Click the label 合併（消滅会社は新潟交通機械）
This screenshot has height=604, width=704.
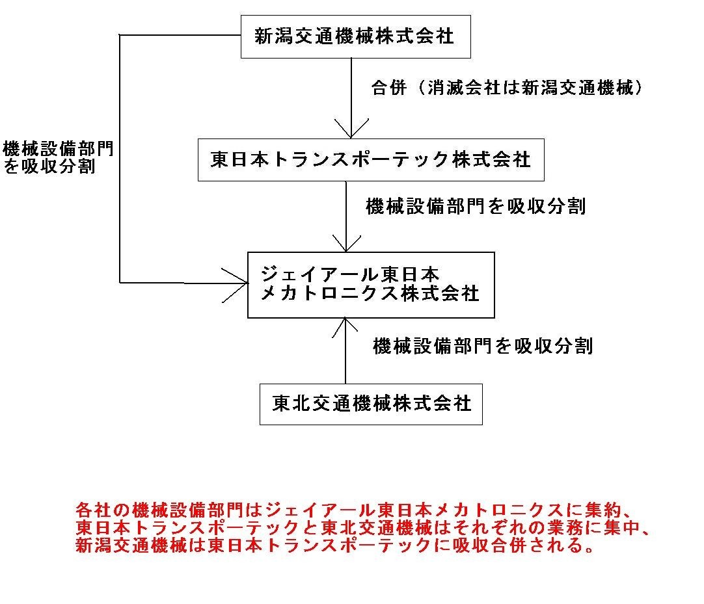pyautogui.click(x=506, y=88)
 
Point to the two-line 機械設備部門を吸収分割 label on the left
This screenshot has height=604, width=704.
pyautogui.click(x=58, y=157)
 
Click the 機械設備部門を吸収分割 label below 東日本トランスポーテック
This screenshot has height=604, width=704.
pyautogui.click(x=476, y=206)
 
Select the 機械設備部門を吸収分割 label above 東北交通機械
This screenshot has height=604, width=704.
pyautogui.click(x=483, y=346)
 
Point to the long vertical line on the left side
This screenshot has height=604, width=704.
pyautogui.click(x=120, y=159)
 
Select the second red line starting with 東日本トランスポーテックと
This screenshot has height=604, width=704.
pyautogui.click(x=363, y=528)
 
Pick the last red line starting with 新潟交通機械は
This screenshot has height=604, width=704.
pyautogui.click(x=335, y=545)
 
